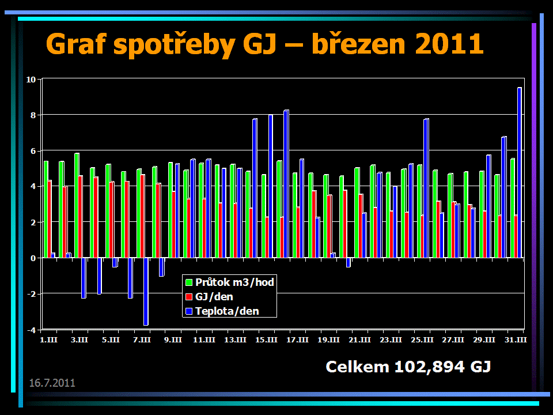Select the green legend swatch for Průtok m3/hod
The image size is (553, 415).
point(188,282)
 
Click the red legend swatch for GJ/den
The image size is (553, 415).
point(188,297)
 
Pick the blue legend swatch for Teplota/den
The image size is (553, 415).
point(188,311)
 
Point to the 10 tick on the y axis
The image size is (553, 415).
point(31,80)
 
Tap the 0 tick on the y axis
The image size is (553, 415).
point(33,258)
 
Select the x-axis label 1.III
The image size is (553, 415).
point(48,341)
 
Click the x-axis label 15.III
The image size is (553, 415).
point(266,341)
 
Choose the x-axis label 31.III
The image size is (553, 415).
point(516,341)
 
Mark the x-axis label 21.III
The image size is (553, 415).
point(359,341)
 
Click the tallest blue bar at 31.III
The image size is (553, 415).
point(519,173)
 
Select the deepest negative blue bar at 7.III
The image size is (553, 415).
point(146,292)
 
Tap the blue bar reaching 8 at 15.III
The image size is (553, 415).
point(270,186)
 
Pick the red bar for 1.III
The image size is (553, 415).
point(50,219)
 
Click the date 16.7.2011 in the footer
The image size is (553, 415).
point(52,383)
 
